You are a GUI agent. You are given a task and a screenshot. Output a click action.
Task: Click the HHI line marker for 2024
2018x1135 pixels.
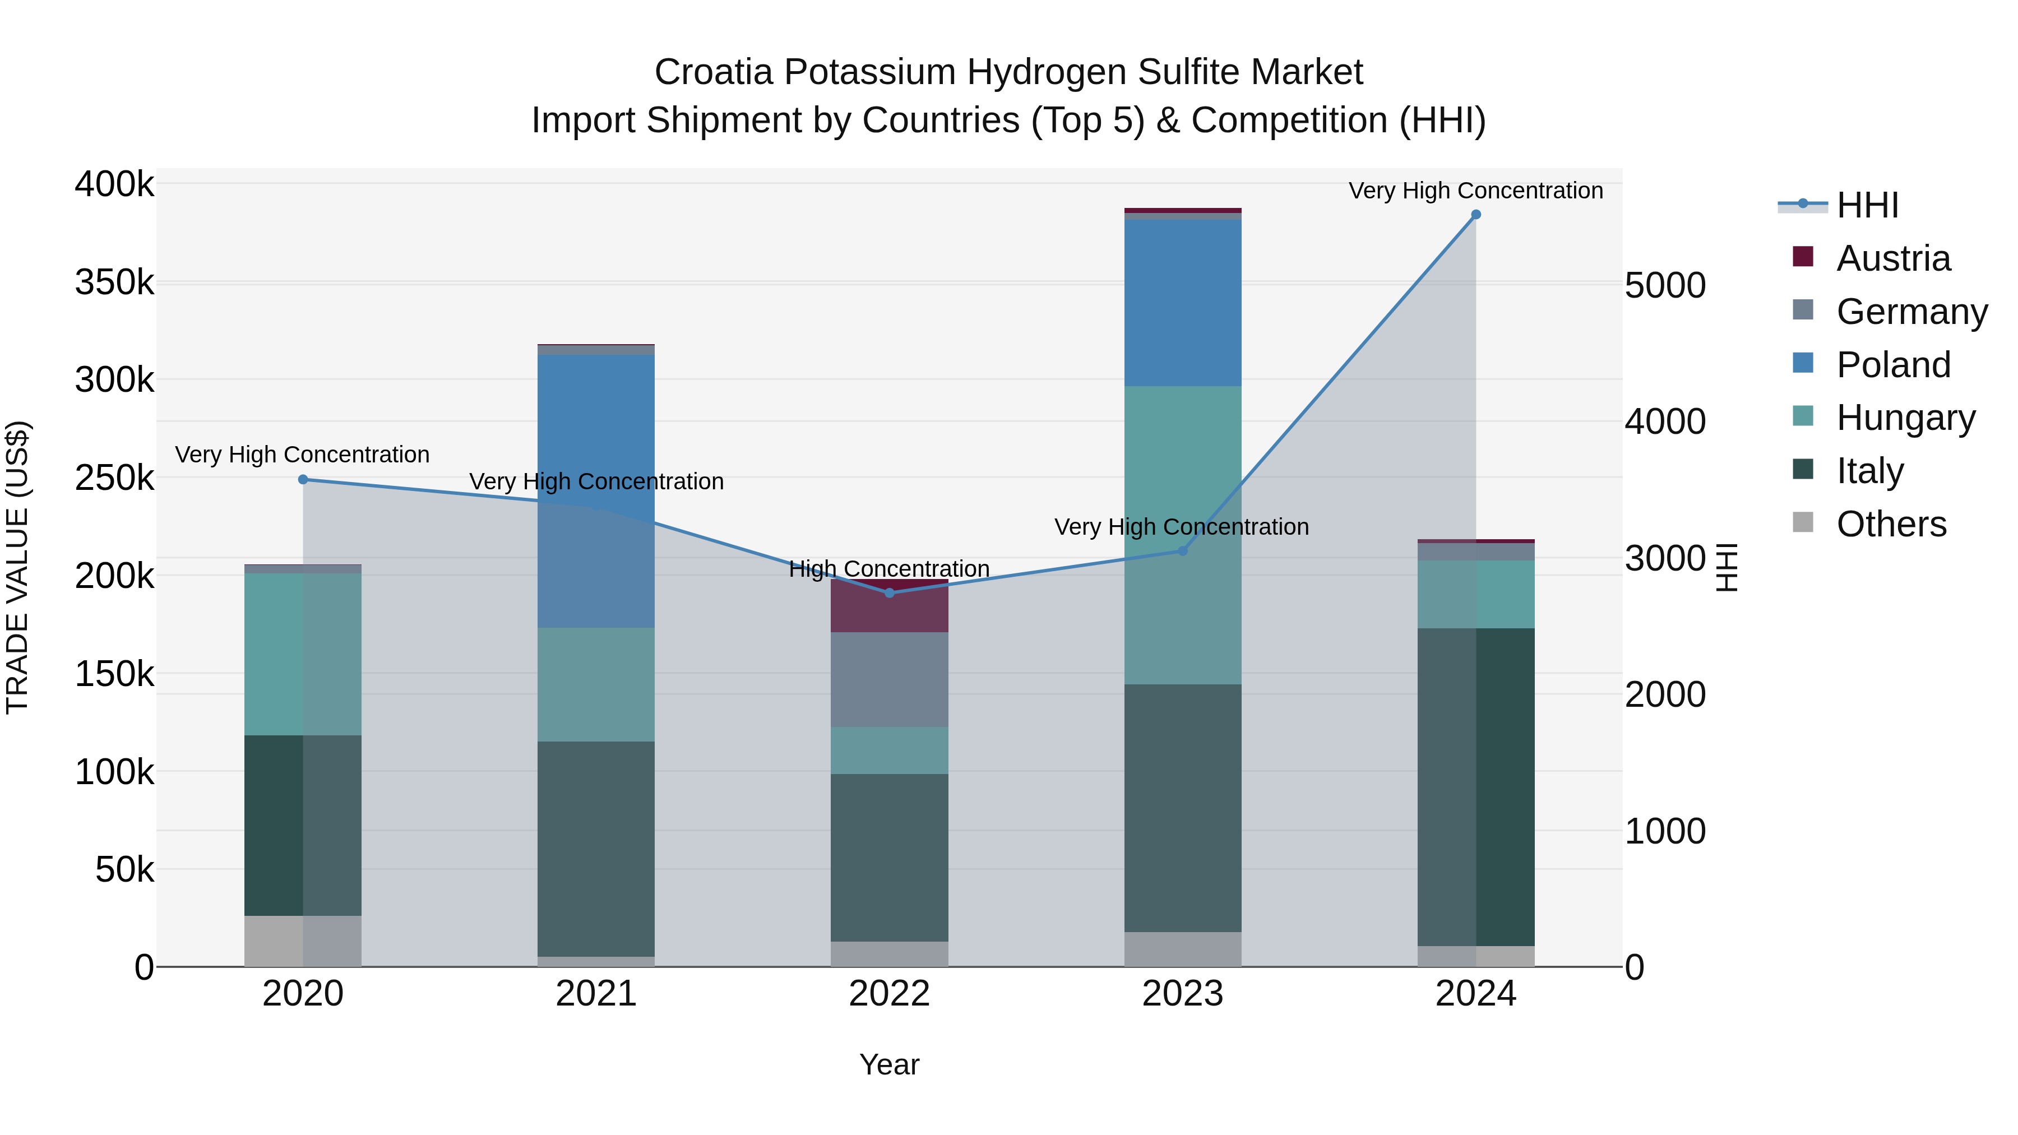click(1476, 215)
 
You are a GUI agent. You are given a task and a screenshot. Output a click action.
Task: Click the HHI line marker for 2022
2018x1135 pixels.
click(889, 593)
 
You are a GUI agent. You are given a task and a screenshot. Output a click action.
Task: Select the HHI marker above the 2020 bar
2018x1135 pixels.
click(303, 479)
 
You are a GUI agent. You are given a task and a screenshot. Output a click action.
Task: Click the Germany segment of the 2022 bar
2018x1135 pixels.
click(889, 679)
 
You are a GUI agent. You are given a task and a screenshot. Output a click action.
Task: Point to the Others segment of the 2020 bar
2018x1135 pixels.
click(303, 940)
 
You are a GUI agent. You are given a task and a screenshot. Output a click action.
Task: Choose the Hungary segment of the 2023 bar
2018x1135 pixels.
click(1182, 535)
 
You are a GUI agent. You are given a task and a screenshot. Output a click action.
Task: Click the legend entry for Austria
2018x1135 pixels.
click(1892, 258)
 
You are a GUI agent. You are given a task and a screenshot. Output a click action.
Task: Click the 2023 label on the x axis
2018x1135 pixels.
click(1182, 994)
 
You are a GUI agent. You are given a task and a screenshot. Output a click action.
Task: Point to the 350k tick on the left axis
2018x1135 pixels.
click(114, 282)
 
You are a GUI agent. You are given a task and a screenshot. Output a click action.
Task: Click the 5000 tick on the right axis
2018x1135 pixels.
click(1665, 285)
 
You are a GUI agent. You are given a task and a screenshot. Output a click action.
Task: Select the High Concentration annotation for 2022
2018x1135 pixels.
click(889, 569)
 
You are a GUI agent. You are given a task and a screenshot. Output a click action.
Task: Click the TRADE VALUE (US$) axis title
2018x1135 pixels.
click(18, 567)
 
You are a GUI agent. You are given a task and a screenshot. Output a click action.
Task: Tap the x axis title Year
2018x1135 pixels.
click(889, 1064)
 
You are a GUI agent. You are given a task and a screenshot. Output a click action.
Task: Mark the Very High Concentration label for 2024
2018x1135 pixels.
click(1475, 191)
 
